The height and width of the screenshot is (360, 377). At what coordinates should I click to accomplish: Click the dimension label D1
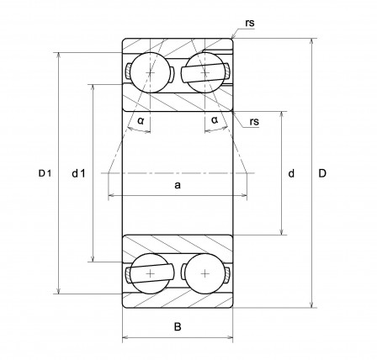click(x=45, y=173)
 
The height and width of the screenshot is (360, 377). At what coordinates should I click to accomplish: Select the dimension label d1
click(x=78, y=173)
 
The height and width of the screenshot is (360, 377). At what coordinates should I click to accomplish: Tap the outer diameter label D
click(x=322, y=173)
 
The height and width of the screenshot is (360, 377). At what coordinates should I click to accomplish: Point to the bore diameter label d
click(x=291, y=173)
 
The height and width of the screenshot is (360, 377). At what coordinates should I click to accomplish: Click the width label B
click(x=178, y=326)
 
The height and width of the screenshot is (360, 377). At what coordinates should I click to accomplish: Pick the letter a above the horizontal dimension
click(x=178, y=185)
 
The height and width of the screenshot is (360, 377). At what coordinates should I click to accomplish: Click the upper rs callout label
click(x=250, y=23)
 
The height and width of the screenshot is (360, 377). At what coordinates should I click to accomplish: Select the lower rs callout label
click(x=254, y=122)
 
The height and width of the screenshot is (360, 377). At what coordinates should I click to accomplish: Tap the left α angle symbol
click(x=141, y=121)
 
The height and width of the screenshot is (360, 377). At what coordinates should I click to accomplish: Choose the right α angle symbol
click(x=215, y=120)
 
